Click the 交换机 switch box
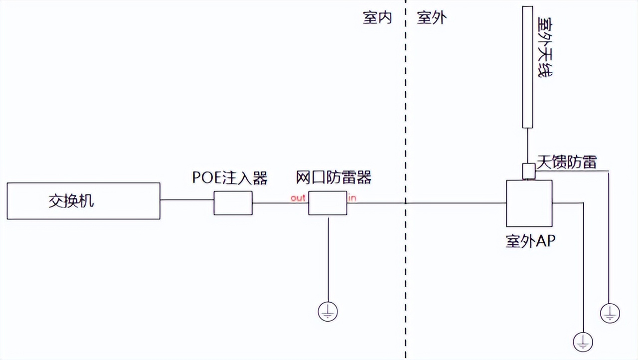click(x=83, y=201)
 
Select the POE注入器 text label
click(x=230, y=178)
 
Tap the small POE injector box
click(x=233, y=203)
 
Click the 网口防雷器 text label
click(x=333, y=178)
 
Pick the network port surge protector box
click(x=327, y=203)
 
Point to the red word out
click(x=298, y=198)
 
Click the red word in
click(x=352, y=198)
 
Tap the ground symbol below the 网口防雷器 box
click(x=327, y=312)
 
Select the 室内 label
click(x=377, y=18)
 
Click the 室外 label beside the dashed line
click(x=432, y=18)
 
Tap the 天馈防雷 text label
click(x=566, y=162)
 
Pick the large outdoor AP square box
click(x=529, y=203)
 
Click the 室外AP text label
click(x=530, y=242)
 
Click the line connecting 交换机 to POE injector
click(x=187, y=200)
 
